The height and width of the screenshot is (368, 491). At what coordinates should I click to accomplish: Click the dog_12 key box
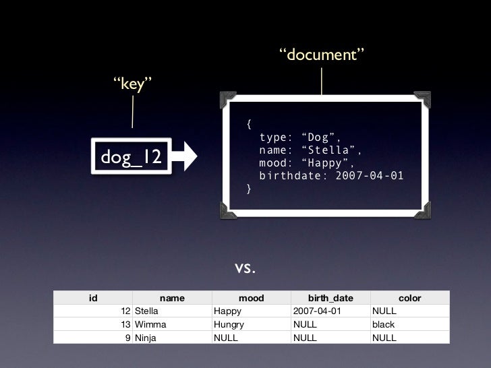[132, 156]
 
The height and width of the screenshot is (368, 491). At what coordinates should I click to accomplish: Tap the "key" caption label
[133, 85]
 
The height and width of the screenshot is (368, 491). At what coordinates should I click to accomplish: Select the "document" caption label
[322, 55]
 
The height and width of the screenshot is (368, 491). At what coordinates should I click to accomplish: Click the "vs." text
[245, 268]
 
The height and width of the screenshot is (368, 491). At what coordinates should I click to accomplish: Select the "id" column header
[94, 298]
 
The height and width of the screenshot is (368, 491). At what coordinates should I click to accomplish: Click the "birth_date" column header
[330, 298]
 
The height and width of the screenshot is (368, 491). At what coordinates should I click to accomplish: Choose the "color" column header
[409, 298]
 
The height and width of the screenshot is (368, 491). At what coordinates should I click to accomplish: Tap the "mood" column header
[252, 298]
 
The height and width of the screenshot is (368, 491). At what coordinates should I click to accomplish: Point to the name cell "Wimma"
[150, 324]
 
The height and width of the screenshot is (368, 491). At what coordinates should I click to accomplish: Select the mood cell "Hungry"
[229, 324]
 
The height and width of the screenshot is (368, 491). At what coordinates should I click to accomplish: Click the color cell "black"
[384, 324]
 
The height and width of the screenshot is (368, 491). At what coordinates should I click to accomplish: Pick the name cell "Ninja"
[146, 338]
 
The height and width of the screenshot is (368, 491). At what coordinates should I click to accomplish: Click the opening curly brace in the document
[249, 125]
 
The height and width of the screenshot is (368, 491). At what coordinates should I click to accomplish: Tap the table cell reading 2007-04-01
[317, 311]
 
